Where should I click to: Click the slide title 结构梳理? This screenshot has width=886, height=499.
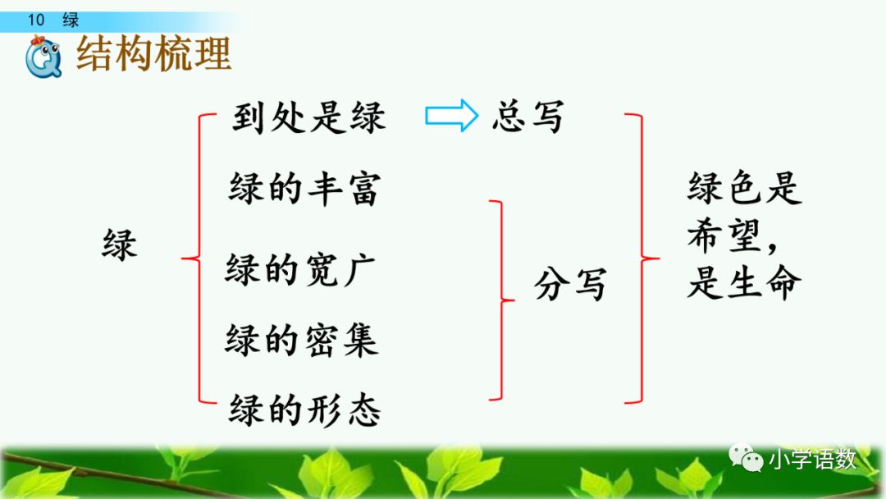coord(153,53)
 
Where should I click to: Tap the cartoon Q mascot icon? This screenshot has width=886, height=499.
coord(43,58)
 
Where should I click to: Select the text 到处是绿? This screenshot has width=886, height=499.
coord(308,119)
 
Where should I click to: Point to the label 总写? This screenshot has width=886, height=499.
coord(527,117)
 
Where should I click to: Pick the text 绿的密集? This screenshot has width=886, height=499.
coord(301,339)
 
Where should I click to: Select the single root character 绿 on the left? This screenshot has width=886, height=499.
coord(120,245)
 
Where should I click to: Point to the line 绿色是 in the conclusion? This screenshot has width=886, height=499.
coord(743,190)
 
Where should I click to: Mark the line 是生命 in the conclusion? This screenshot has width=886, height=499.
coord(743,283)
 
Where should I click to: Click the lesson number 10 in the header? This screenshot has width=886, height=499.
coord(35,21)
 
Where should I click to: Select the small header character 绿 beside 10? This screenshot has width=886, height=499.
coord(71,21)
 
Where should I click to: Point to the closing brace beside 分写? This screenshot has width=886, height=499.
coord(500,300)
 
